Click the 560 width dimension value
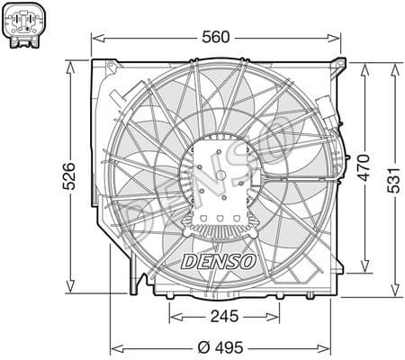coord(217,37)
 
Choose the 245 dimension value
coord(220,316)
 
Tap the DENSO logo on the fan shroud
coord(220,260)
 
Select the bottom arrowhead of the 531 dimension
coord(396,292)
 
